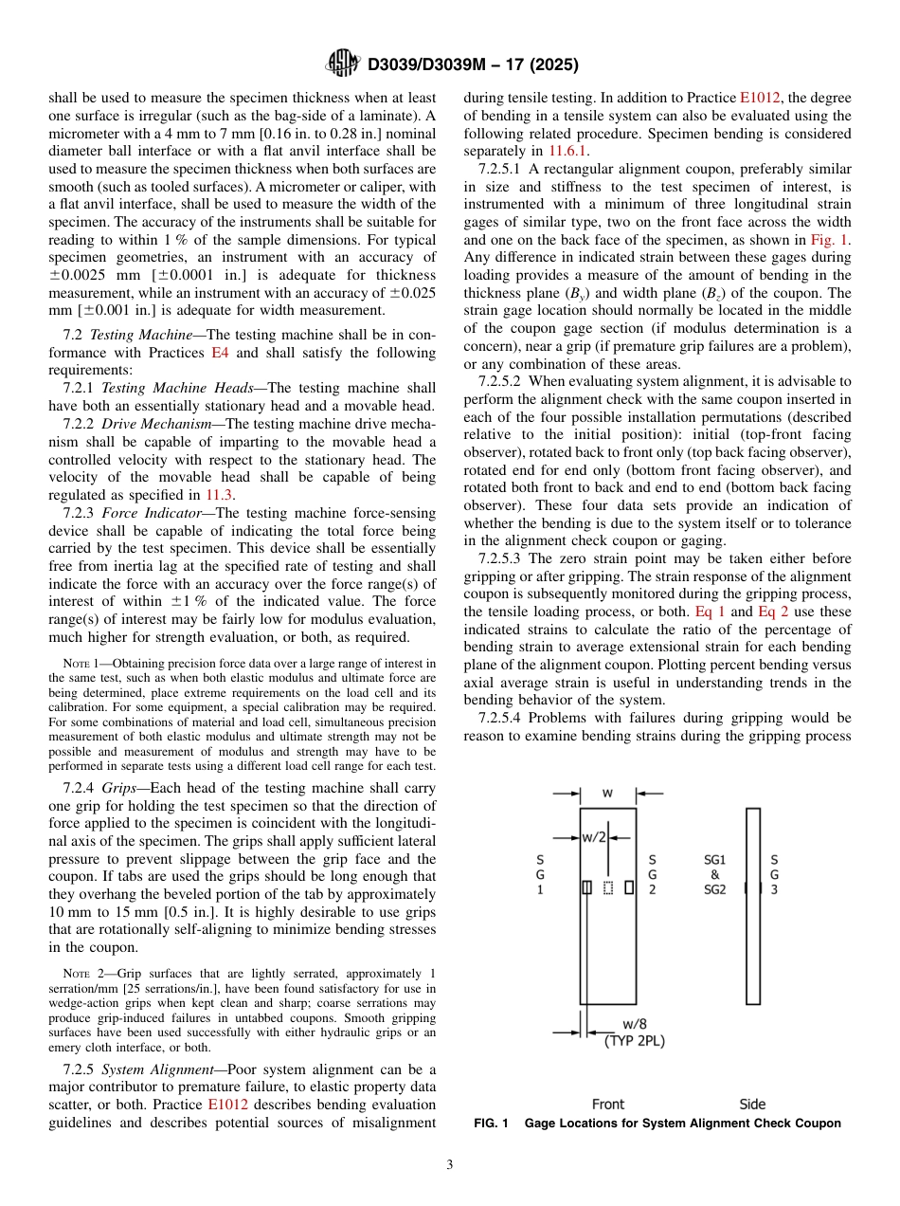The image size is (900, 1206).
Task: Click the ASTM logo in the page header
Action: [x=342, y=64]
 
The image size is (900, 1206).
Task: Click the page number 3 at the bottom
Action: [x=449, y=1164]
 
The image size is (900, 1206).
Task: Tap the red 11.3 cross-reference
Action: [x=216, y=494]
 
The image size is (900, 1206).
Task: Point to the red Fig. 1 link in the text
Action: [x=833, y=240]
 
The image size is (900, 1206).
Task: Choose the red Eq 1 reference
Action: [x=710, y=612]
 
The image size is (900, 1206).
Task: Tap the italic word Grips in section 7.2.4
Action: [x=120, y=788]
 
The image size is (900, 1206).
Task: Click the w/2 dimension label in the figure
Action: [x=593, y=836]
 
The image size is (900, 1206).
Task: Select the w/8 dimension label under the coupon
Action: [x=636, y=1024]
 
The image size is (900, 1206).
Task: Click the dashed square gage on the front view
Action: [x=608, y=887]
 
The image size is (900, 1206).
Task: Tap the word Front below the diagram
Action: [x=607, y=1104]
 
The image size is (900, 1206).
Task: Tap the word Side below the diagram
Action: [x=752, y=1104]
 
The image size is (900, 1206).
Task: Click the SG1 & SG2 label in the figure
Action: [x=714, y=873]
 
